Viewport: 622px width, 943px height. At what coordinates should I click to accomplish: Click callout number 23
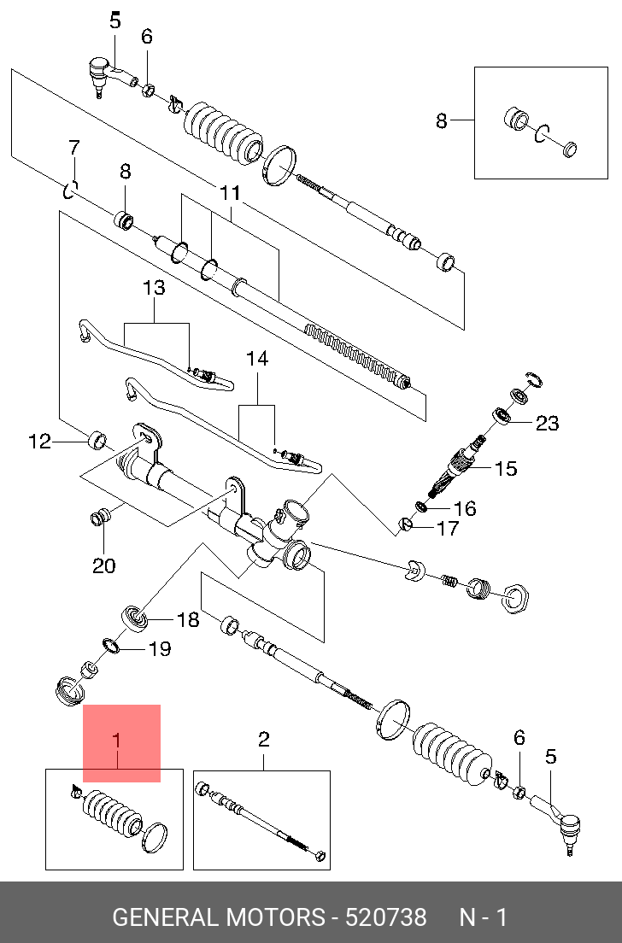click(x=547, y=424)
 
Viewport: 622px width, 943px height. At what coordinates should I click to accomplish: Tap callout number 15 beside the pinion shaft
click(x=506, y=468)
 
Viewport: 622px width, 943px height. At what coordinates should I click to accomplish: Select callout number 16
click(x=465, y=509)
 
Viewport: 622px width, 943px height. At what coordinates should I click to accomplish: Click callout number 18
click(x=187, y=619)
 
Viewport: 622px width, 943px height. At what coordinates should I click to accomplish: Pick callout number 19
click(x=160, y=649)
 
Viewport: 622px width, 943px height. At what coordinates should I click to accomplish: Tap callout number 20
click(x=103, y=565)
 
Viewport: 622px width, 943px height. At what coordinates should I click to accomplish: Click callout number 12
click(x=39, y=442)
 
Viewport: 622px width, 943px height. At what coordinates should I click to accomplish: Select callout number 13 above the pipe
click(x=154, y=288)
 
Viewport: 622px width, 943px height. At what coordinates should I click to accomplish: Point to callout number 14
click(x=257, y=359)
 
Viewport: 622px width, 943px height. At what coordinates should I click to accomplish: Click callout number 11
click(x=231, y=193)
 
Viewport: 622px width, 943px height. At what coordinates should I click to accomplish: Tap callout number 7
click(x=74, y=147)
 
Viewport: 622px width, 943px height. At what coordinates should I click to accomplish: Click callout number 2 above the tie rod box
click(x=263, y=740)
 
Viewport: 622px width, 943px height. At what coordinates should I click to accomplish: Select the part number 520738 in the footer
click(x=385, y=917)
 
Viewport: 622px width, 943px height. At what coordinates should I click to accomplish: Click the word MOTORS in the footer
click(x=274, y=917)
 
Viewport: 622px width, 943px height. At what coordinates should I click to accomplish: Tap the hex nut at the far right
click(x=515, y=599)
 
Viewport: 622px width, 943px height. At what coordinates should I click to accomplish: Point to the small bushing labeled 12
click(x=97, y=440)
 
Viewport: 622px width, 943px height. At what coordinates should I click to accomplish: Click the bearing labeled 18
click(x=134, y=618)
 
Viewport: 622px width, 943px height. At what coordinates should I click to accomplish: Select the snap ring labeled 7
click(x=70, y=190)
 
